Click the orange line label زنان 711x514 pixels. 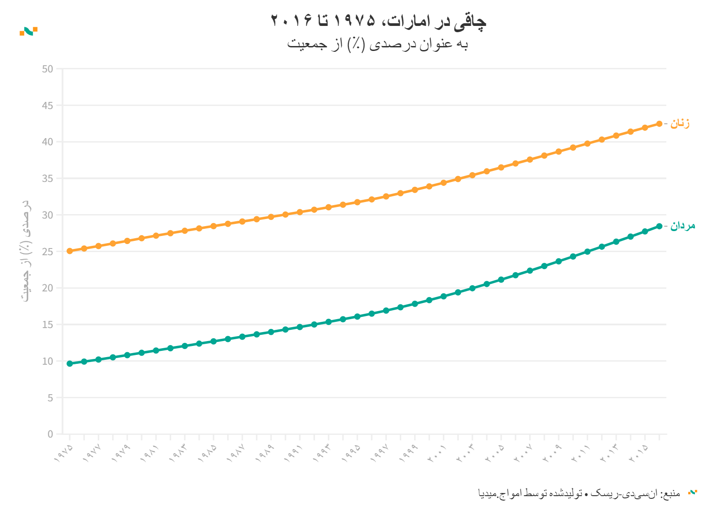click(680, 123)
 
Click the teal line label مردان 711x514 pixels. click(682, 226)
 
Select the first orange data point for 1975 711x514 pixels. click(70, 251)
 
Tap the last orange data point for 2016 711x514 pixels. click(659, 124)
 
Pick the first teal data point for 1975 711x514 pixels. click(70, 363)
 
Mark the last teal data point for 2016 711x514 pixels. click(659, 226)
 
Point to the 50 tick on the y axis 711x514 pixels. click(47, 69)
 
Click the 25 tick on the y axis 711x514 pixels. click(47, 252)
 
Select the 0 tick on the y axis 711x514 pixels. click(50, 434)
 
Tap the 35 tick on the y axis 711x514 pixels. click(47, 178)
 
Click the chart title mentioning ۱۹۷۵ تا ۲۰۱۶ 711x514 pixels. click(378, 21)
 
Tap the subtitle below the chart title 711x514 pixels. click(377, 44)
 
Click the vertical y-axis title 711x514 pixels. click(27, 250)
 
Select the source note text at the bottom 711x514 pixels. click(579, 493)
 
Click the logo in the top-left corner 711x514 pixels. click(29, 31)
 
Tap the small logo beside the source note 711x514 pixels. click(693, 493)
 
